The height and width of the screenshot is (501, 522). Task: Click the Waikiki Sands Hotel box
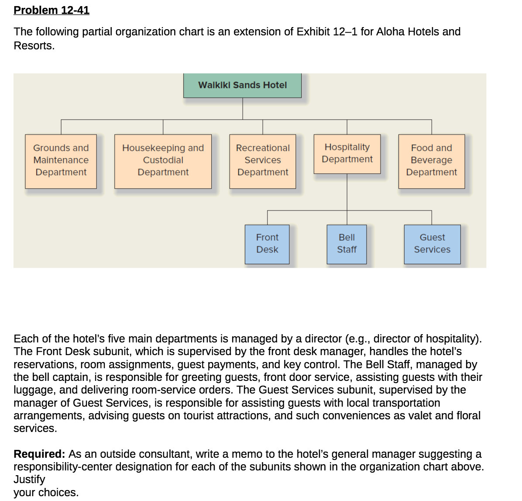click(242, 85)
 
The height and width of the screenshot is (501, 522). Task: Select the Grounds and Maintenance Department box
click(61, 161)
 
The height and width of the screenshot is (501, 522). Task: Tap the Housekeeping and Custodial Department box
click(163, 161)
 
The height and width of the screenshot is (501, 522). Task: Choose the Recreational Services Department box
click(262, 161)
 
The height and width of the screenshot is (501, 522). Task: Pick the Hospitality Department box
click(347, 154)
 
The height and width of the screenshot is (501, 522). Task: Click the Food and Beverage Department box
click(431, 161)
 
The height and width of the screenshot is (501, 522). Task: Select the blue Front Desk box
click(267, 244)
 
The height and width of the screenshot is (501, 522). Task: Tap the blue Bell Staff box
click(347, 244)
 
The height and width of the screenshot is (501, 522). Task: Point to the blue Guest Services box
click(432, 244)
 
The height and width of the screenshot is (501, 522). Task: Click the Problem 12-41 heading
click(52, 10)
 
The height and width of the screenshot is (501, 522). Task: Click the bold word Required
click(38, 454)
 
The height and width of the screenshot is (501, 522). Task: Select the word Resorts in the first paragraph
click(34, 46)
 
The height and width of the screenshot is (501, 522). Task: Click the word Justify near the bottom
click(29, 480)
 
